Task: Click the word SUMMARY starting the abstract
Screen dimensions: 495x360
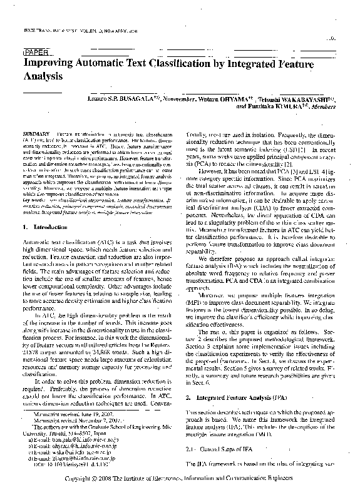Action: (35, 134)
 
